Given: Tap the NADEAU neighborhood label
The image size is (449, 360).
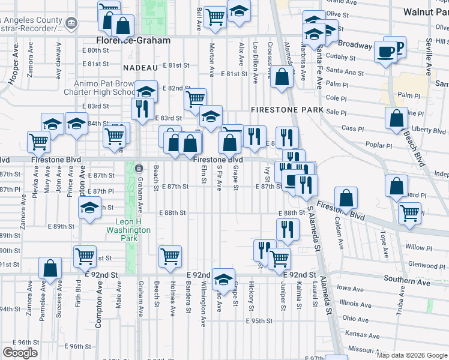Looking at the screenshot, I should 140,68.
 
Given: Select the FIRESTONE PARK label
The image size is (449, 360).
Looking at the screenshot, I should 287,110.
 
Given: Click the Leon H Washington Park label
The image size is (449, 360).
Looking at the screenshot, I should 128,229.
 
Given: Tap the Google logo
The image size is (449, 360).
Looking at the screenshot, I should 20,353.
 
